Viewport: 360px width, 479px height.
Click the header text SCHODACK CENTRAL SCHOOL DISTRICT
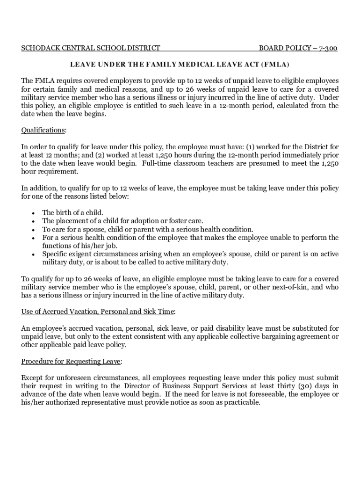click(x=91, y=48)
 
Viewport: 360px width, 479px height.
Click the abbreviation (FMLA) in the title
click(x=275, y=64)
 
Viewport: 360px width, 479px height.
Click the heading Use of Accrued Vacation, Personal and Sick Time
click(x=98, y=311)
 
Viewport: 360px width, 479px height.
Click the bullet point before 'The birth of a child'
click(x=33, y=213)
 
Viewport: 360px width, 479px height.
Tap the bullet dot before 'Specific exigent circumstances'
click(x=33, y=254)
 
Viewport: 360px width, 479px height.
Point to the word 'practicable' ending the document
click(x=239, y=403)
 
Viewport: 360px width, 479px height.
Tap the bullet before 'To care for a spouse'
click(x=33, y=230)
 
